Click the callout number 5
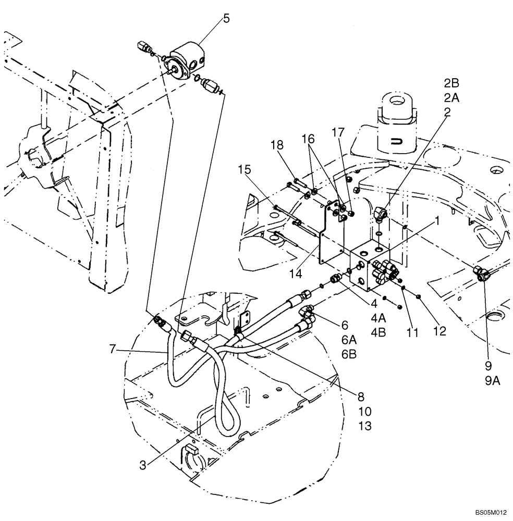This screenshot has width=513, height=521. [x=226, y=19]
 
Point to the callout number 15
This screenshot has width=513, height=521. [x=245, y=170]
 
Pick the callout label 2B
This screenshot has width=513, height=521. [x=451, y=83]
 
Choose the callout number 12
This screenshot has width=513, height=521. [x=439, y=331]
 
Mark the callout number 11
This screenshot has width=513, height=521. [x=413, y=331]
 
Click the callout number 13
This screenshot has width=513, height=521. [x=365, y=426]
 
